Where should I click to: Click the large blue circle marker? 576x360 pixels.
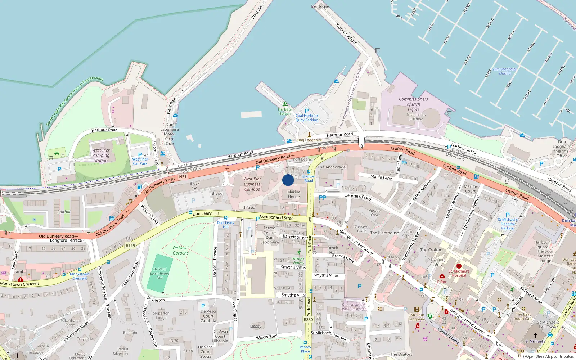point(288,180)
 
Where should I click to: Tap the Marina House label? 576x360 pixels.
point(294,194)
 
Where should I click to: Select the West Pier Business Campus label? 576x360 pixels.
point(252,184)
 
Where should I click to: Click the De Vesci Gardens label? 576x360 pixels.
point(181,250)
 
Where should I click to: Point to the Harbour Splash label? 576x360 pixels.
point(285,111)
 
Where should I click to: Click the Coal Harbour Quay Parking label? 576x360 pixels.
point(307,118)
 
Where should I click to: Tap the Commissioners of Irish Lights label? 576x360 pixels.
point(413,104)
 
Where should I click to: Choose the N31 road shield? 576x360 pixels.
point(183,177)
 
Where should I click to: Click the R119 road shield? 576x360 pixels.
point(130,246)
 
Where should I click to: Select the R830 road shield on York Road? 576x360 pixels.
point(309,319)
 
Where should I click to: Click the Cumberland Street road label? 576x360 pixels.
point(277,217)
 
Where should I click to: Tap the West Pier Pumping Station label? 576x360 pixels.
point(101,156)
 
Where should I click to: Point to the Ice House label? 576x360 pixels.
point(320,6)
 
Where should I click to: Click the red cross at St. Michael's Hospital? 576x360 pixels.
point(459,266)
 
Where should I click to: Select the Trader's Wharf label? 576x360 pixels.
point(346,34)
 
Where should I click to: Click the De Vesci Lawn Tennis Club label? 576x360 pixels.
point(160,273)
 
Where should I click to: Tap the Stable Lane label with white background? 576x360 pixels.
point(381,177)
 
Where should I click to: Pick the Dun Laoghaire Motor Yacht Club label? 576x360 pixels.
point(169,134)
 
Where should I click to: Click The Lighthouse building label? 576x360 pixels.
point(384,233)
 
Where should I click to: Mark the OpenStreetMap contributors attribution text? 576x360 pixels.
point(550,356)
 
